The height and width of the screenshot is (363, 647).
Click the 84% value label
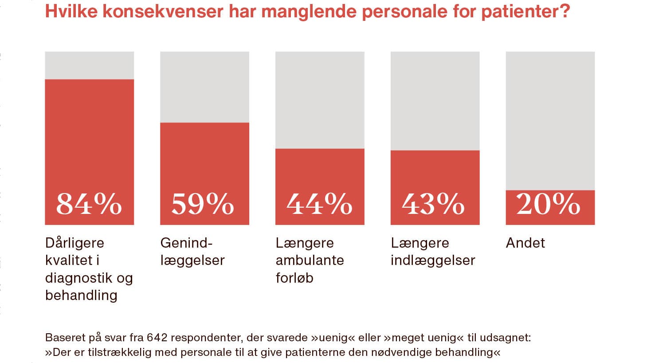tap(89, 204)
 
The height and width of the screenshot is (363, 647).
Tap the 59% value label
tap(203, 204)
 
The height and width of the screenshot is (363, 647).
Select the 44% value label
tap(319, 204)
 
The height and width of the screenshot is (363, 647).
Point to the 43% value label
tap(433, 204)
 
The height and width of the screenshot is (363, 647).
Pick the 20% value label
tap(549, 204)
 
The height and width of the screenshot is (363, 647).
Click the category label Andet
tap(525, 243)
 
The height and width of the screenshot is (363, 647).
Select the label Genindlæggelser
tap(192, 251)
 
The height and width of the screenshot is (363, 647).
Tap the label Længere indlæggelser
tap(433, 251)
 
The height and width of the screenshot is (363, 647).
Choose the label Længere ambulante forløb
tap(310, 260)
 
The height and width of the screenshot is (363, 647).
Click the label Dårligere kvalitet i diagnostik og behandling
tap(89, 269)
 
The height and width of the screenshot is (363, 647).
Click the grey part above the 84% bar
tap(89, 65)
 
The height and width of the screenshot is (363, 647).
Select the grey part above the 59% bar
tap(204, 87)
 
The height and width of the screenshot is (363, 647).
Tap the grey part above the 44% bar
tap(320, 100)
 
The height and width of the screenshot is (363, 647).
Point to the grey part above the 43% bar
tap(435, 101)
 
